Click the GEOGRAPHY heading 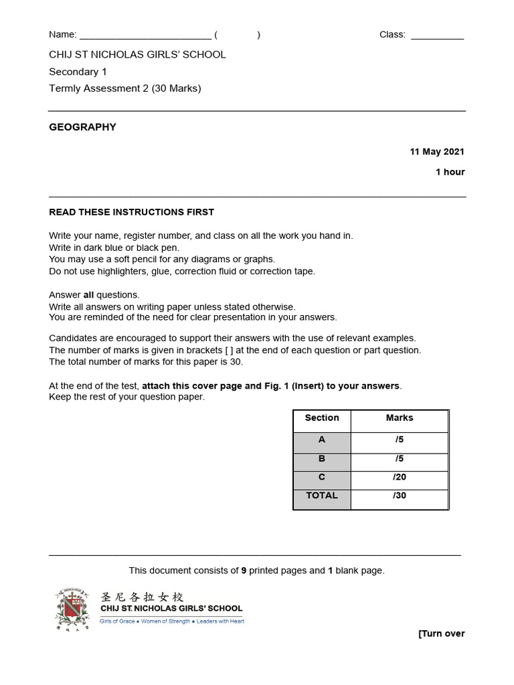click(x=82, y=127)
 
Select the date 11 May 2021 click(x=437, y=152)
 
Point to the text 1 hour click(x=450, y=172)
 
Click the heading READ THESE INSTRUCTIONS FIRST click(x=132, y=212)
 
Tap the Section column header click(x=322, y=418)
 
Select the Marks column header click(x=400, y=418)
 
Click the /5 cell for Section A click(x=400, y=440)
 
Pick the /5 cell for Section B click(x=400, y=459)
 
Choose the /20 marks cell click(x=400, y=478)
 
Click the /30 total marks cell click(x=400, y=496)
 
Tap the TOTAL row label click(x=322, y=496)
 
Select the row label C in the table click(x=322, y=478)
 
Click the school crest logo click(x=72, y=609)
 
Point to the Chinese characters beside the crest click(x=142, y=597)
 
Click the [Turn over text click(x=441, y=634)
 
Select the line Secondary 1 click(x=78, y=72)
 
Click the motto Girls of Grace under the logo click(x=117, y=621)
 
